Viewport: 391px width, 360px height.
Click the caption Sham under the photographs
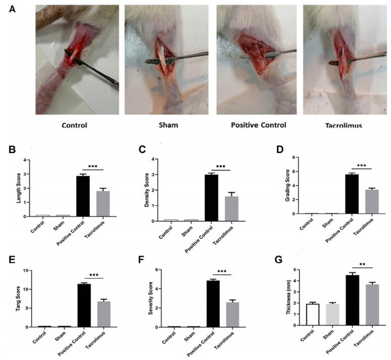coord(167,125)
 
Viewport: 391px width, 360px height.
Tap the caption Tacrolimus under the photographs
coord(344,125)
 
